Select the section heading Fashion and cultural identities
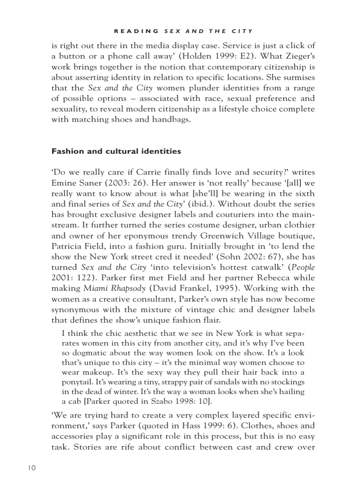[116, 151]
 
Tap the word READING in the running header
[136, 31]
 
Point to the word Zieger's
[298, 56]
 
